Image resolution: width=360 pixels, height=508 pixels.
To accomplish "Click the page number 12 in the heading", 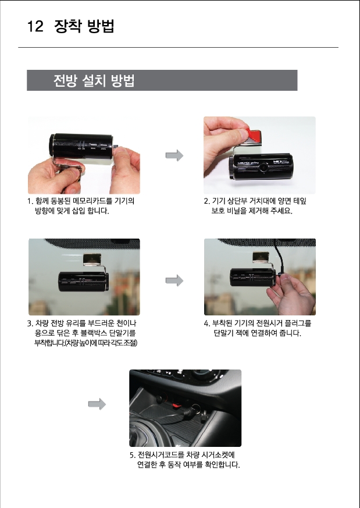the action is coord(35,26).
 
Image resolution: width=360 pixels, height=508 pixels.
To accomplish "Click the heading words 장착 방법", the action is coord(84,26).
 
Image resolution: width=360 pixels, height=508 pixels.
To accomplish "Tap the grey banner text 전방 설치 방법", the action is coord(94,80).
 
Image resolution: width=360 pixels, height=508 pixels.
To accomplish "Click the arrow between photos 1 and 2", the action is coord(174,155).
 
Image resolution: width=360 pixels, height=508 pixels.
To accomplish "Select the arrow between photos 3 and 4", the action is coord(174,280).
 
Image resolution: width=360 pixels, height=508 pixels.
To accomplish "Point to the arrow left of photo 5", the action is coord(97,404).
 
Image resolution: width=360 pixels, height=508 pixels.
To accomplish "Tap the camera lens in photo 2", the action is coord(264,167).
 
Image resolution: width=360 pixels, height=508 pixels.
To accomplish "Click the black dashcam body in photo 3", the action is coord(83,282).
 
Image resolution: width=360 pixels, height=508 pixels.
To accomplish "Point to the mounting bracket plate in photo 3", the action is coord(92,259).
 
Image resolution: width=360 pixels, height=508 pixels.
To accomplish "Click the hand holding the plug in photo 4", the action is coord(291,293).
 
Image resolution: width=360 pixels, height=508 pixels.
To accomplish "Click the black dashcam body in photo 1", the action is coord(81,147).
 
